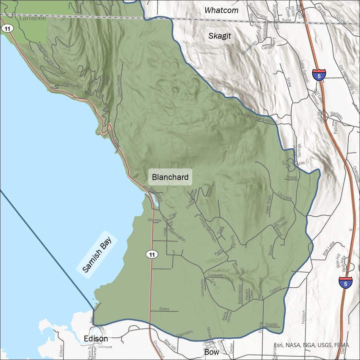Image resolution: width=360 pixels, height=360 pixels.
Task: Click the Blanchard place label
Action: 170,177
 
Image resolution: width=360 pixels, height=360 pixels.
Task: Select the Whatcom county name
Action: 221,10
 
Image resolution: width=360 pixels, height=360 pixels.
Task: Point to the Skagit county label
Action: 220,36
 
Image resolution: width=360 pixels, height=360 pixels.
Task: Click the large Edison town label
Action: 96,339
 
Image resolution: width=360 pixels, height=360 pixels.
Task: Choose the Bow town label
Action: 212,352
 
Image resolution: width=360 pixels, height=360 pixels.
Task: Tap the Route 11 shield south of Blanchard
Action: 152,254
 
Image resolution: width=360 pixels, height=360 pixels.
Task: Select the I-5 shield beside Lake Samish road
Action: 319,75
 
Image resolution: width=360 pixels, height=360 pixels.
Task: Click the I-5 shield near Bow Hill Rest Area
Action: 345,283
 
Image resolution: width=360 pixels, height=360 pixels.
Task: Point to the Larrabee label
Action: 33,18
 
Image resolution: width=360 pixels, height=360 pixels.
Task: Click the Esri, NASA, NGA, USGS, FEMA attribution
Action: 311,345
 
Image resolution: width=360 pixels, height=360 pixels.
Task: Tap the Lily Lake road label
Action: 285,196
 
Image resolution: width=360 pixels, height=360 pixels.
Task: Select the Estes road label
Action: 164,309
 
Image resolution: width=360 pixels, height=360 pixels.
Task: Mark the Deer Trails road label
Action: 269,204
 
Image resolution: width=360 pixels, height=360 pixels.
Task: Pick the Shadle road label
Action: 271,324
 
